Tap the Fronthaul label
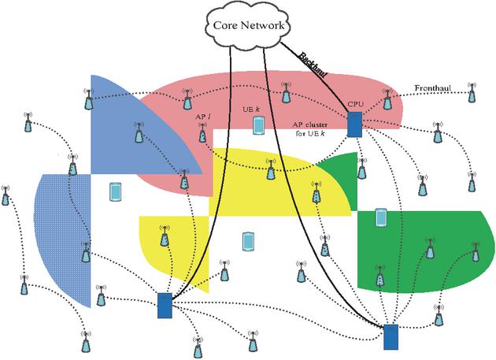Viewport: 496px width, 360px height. point(433,88)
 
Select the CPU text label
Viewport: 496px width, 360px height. point(354,103)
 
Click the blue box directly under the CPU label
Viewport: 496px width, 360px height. point(354,124)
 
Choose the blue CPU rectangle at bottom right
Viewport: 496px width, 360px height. point(391,336)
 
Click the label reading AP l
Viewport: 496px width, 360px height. point(202,116)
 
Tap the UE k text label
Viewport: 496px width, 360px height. point(251,108)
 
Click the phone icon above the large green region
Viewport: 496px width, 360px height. point(381,217)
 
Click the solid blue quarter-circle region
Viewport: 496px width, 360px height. point(126,126)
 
